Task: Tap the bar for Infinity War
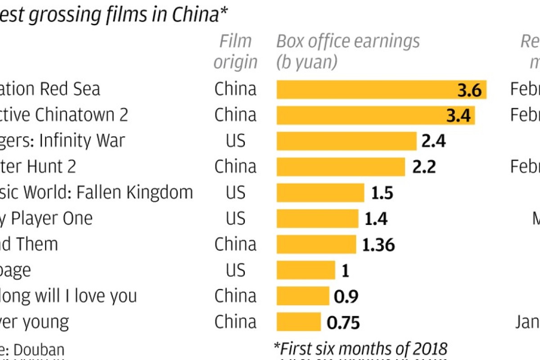(346, 141)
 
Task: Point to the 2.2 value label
(424, 167)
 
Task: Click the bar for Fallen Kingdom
(320, 193)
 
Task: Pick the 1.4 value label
(376, 219)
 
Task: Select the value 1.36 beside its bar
(378, 245)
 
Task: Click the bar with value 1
(306, 270)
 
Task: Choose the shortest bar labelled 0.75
(298, 322)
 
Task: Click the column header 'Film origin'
(235, 51)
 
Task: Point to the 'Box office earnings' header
(348, 41)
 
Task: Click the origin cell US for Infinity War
(235, 141)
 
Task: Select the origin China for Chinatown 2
(235, 115)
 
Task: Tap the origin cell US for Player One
(235, 219)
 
